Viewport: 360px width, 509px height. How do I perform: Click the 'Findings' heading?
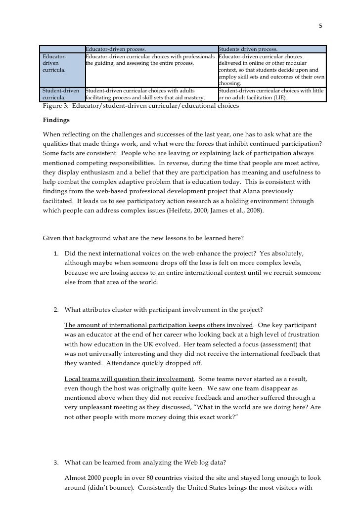pyautogui.click(x=56, y=120)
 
